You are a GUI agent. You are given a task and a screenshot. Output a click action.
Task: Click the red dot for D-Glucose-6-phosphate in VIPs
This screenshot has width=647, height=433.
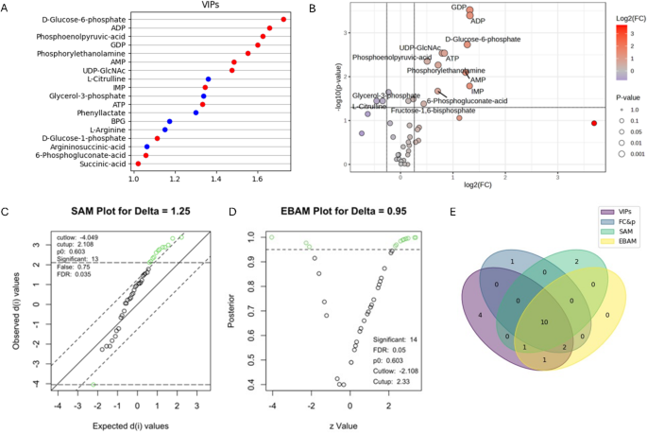click(x=284, y=19)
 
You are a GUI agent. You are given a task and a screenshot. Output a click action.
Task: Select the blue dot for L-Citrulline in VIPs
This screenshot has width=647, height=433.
click(x=208, y=78)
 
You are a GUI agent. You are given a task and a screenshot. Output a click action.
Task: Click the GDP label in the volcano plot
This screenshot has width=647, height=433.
click(x=458, y=9)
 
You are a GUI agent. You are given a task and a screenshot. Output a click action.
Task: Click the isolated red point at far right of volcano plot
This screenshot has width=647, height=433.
click(x=594, y=123)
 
